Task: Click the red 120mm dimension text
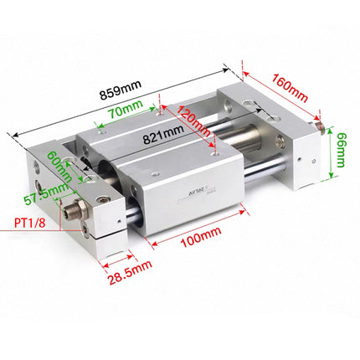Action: pyautogui.click(x=193, y=120)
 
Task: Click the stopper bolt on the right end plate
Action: pyautogui.click(x=320, y=125)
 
